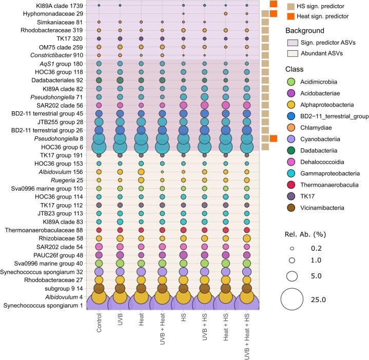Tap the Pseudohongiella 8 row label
64,138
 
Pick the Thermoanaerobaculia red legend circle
290,182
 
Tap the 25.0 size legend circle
292,298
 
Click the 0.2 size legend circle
292,247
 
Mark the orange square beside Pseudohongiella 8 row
273,138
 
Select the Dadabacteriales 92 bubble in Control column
99,80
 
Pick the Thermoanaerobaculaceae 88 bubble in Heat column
141,230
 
